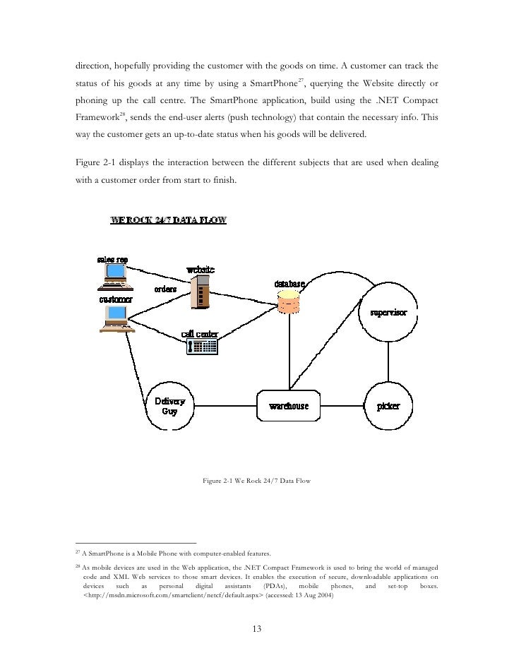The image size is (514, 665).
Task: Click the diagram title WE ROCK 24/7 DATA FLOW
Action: [168, 220]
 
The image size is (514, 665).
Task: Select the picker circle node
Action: [388, 407]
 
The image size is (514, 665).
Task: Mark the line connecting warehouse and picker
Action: [344, 407]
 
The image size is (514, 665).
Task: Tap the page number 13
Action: [257, 630]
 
